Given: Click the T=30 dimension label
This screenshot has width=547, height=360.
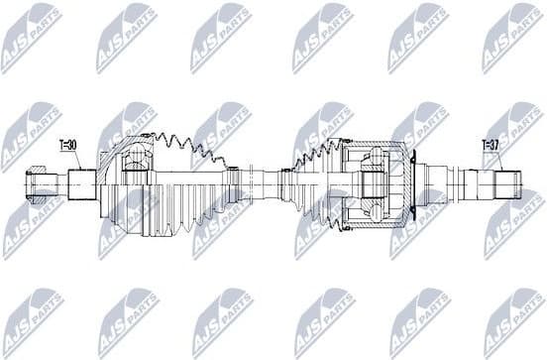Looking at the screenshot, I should (x=68, y=145).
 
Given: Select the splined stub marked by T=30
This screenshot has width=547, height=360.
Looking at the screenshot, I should (x=82, y=182).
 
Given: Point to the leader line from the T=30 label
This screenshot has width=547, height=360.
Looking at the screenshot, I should (x=75, y=161).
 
